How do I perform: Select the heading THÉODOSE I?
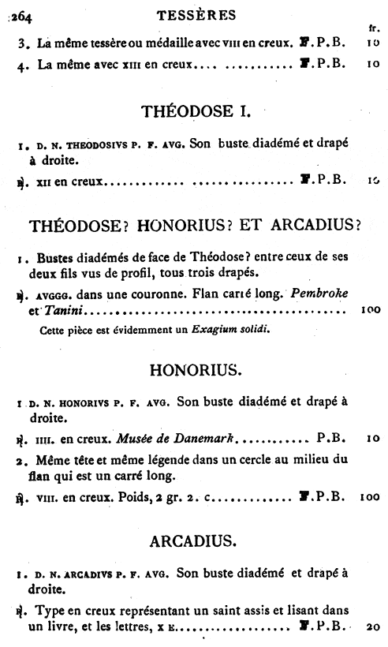click(194, 111)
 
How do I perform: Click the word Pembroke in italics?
click(319, 294)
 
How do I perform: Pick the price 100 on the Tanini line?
click(368, 309)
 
